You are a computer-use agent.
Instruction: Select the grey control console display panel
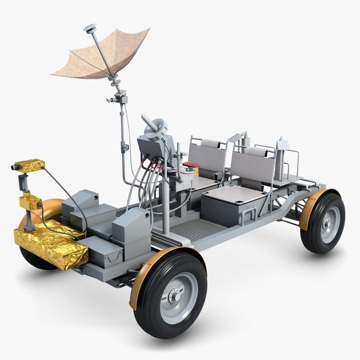pyautogui.click(x=150, y=147)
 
